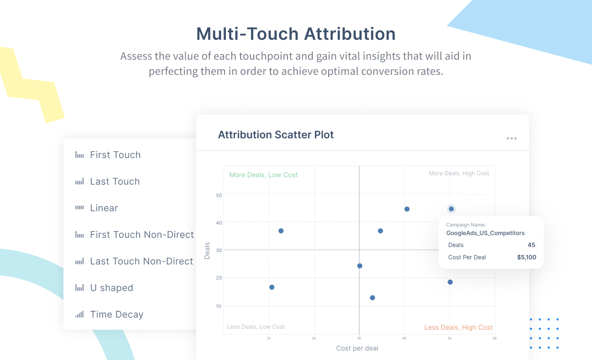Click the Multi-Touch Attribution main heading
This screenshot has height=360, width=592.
pyautogui.click(x=296, y=34)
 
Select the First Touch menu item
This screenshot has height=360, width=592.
pyautogui.click(x=115, y=155)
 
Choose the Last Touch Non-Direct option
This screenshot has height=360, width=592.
pyautogui.click(x=141, y=261)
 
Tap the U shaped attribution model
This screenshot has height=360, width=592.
pyautogui.click(x=111, y=288)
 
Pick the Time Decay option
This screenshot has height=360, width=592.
pyautogui.click(x=117, y=315)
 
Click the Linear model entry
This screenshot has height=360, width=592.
pyautogui.click(x=104, y=208)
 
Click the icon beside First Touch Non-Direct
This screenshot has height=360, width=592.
pyautogui.click(x=80, y=234)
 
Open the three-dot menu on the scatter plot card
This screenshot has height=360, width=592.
pyautogui.click(x=511, y=138)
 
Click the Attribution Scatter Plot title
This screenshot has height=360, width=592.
pyautogui.click(x=276, y=135)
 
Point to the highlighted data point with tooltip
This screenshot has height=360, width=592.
pyautogui.click(x=451, y=209)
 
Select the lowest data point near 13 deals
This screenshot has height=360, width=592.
pyautogui.click(x=372, y=298)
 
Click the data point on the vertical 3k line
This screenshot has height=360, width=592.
pyautogui.click(x=359, y=266)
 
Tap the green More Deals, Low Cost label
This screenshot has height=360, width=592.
pyautogui.click(x=263, y=175)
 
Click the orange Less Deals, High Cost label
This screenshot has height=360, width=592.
pyautogui.click(x=458, y=327)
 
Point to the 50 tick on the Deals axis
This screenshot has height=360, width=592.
pyautogui.click(x=219, y=195)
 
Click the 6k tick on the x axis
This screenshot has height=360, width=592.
pyautogui.click(x=494, y=338)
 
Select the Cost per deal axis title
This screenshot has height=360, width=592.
pyautogui.click(x=357, y=348)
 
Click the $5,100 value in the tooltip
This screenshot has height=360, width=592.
pyautogui.click(x=527, y=257)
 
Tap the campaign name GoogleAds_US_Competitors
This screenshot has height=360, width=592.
pyautogui.click(x=485, y=233)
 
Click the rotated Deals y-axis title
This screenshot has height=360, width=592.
pyautogui.click(x=207, y=251)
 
